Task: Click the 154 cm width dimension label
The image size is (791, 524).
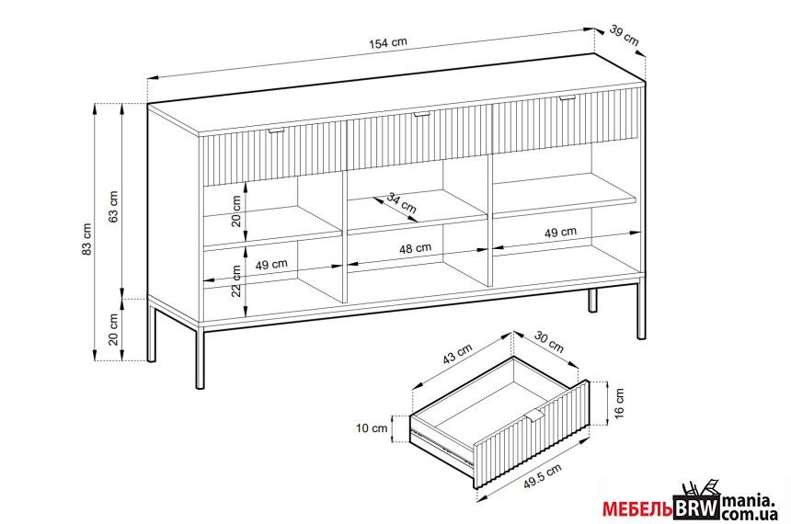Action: click(x=388, y=43)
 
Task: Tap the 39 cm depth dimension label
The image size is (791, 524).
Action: click(x=624, y=35)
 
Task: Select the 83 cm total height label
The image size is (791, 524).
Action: click(x=86, y=238)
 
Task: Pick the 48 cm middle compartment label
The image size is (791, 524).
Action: click(x=415, y=248)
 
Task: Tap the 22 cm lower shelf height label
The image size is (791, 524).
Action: click(x=236, y=281)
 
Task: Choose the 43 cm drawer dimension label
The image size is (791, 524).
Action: click(x=457, y=354)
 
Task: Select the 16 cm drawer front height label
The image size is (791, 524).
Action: click(x=620, y=403)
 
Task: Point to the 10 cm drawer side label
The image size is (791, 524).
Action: click(x=372, y=428)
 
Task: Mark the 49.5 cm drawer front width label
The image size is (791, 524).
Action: click(x=543, y=476)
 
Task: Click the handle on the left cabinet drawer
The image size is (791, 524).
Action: click(x=277, y=131)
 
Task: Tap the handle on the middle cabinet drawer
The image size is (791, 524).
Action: click(x=420, y=115)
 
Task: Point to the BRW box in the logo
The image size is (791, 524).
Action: click(x=696, y=507)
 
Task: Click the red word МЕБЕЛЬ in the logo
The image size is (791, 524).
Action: click(x=637, y=509)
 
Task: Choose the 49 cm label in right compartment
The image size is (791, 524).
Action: click(x=560, y=232)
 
